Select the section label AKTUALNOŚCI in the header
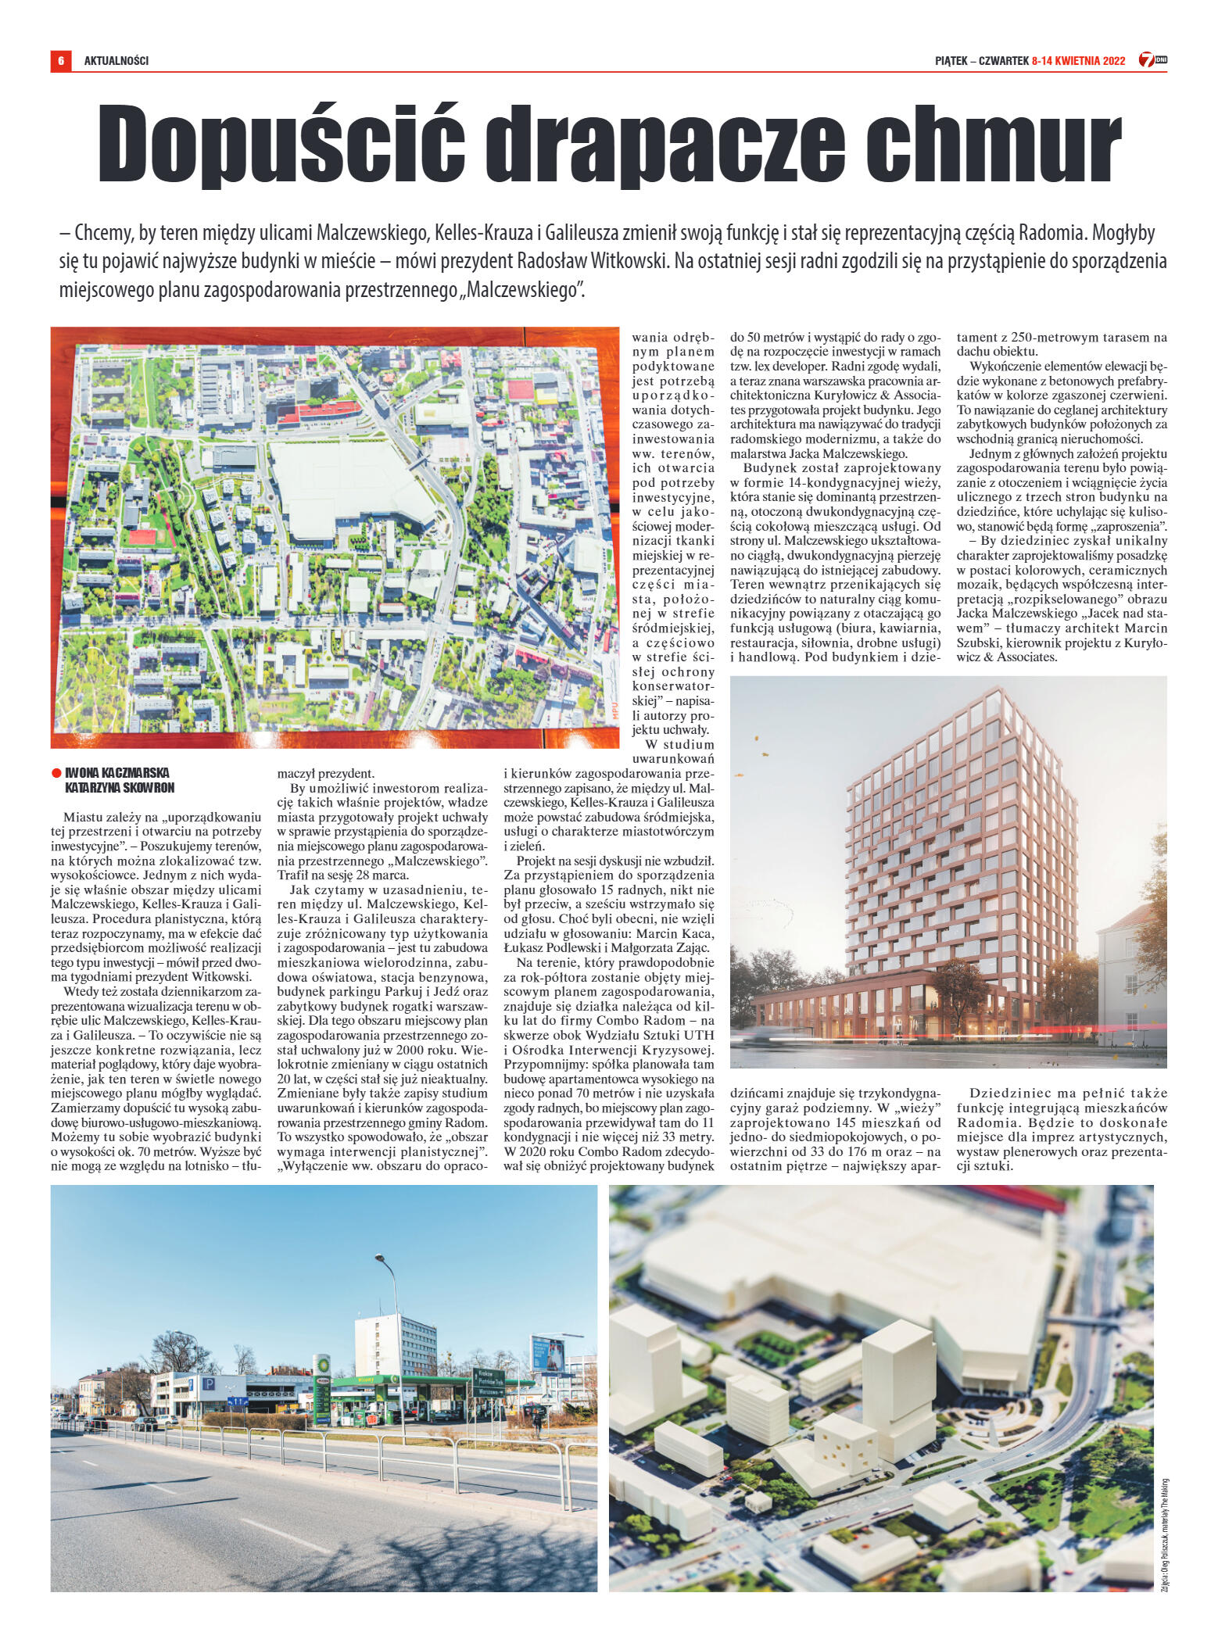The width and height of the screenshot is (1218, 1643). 116,60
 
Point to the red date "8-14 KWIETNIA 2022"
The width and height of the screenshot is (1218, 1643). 1078,61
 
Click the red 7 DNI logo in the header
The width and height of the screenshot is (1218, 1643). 1152,60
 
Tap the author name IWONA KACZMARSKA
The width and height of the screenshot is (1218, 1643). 117,772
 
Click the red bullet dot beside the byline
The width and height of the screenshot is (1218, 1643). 56,773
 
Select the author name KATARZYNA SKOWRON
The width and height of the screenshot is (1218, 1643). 120,788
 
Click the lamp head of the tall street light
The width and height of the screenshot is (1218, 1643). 380,1258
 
